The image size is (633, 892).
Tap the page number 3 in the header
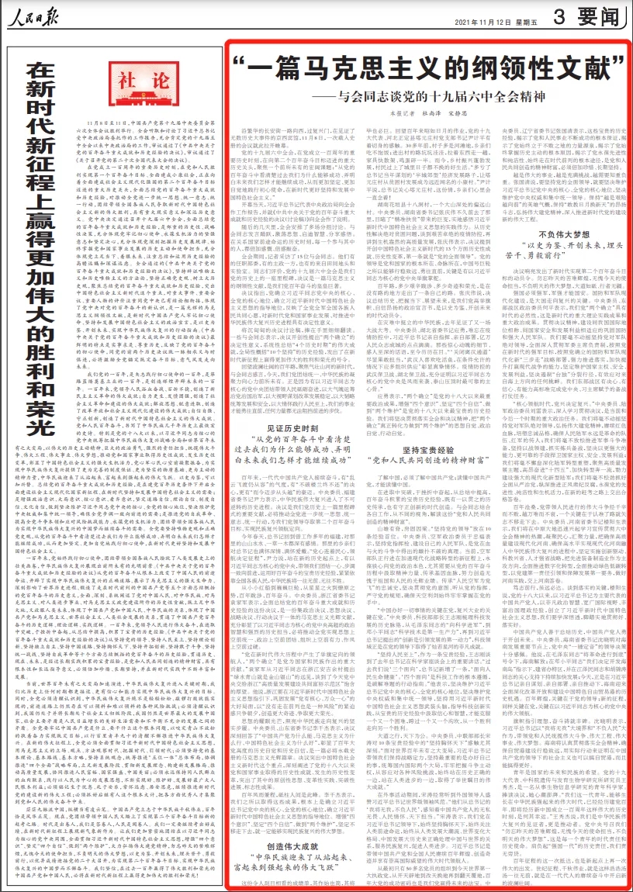[x=564, y=17]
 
